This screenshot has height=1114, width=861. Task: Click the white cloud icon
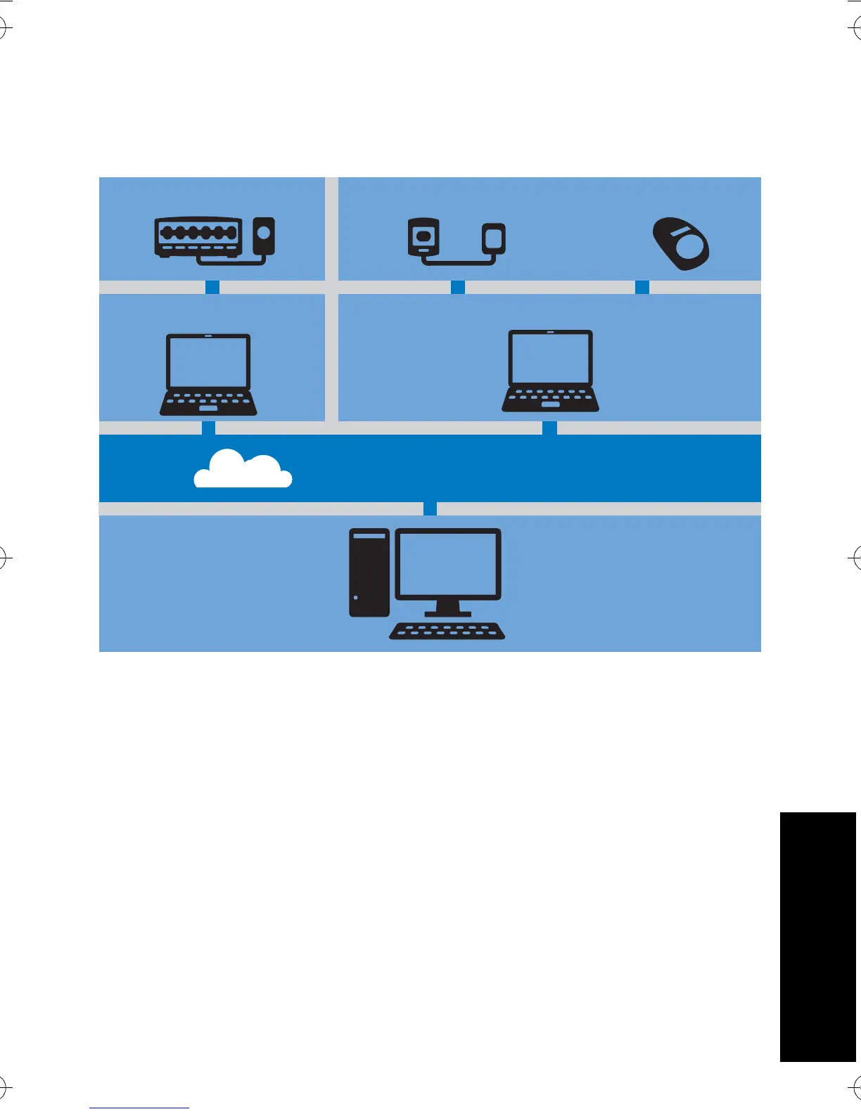point(243,470)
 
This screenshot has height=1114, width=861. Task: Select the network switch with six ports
point(198,236)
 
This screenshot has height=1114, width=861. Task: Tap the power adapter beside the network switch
point(264,236)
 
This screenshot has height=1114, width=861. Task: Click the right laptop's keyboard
point(550,399)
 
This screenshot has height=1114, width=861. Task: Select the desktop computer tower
point(369,572)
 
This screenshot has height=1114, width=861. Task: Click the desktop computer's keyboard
point(447,631)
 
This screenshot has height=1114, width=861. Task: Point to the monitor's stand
point(447,609)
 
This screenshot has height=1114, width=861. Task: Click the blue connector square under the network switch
point(212,287)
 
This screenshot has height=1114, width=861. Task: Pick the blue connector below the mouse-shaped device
point(642,287)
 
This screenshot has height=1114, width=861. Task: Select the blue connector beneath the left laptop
point(208,428)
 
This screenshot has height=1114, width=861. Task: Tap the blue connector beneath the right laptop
point(549,428)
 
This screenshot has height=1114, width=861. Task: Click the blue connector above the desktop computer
point(430,508)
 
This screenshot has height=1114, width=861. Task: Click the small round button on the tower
point(356,598)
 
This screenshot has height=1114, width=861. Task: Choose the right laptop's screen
point(550,357)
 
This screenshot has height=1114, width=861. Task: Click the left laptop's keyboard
point(208,403)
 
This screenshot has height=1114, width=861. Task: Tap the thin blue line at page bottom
point(139,1108)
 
